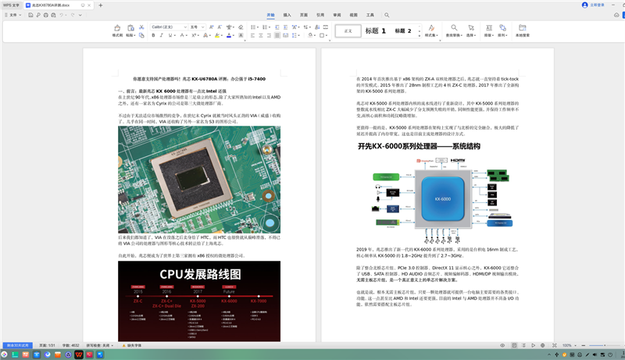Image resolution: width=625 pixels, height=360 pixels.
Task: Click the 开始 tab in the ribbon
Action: point(270,15)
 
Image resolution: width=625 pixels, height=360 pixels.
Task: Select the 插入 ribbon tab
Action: point(287,15)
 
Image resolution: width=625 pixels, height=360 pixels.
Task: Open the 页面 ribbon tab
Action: point(304,15)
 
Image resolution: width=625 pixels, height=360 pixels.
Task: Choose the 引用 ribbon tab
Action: point(320,15)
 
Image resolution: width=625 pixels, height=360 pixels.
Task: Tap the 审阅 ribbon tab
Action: point(337,15)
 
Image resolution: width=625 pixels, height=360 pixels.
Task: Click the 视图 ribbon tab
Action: point(353,15)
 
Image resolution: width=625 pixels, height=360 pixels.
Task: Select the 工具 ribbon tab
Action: point(370,15)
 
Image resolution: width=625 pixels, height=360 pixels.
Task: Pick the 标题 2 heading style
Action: point(404,30)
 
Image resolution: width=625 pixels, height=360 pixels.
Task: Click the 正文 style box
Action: point(348,30)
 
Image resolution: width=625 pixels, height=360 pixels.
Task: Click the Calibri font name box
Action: point(167,27)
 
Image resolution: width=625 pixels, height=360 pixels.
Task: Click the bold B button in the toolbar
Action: point(153,35)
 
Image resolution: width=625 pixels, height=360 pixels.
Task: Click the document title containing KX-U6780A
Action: point(199,79)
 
